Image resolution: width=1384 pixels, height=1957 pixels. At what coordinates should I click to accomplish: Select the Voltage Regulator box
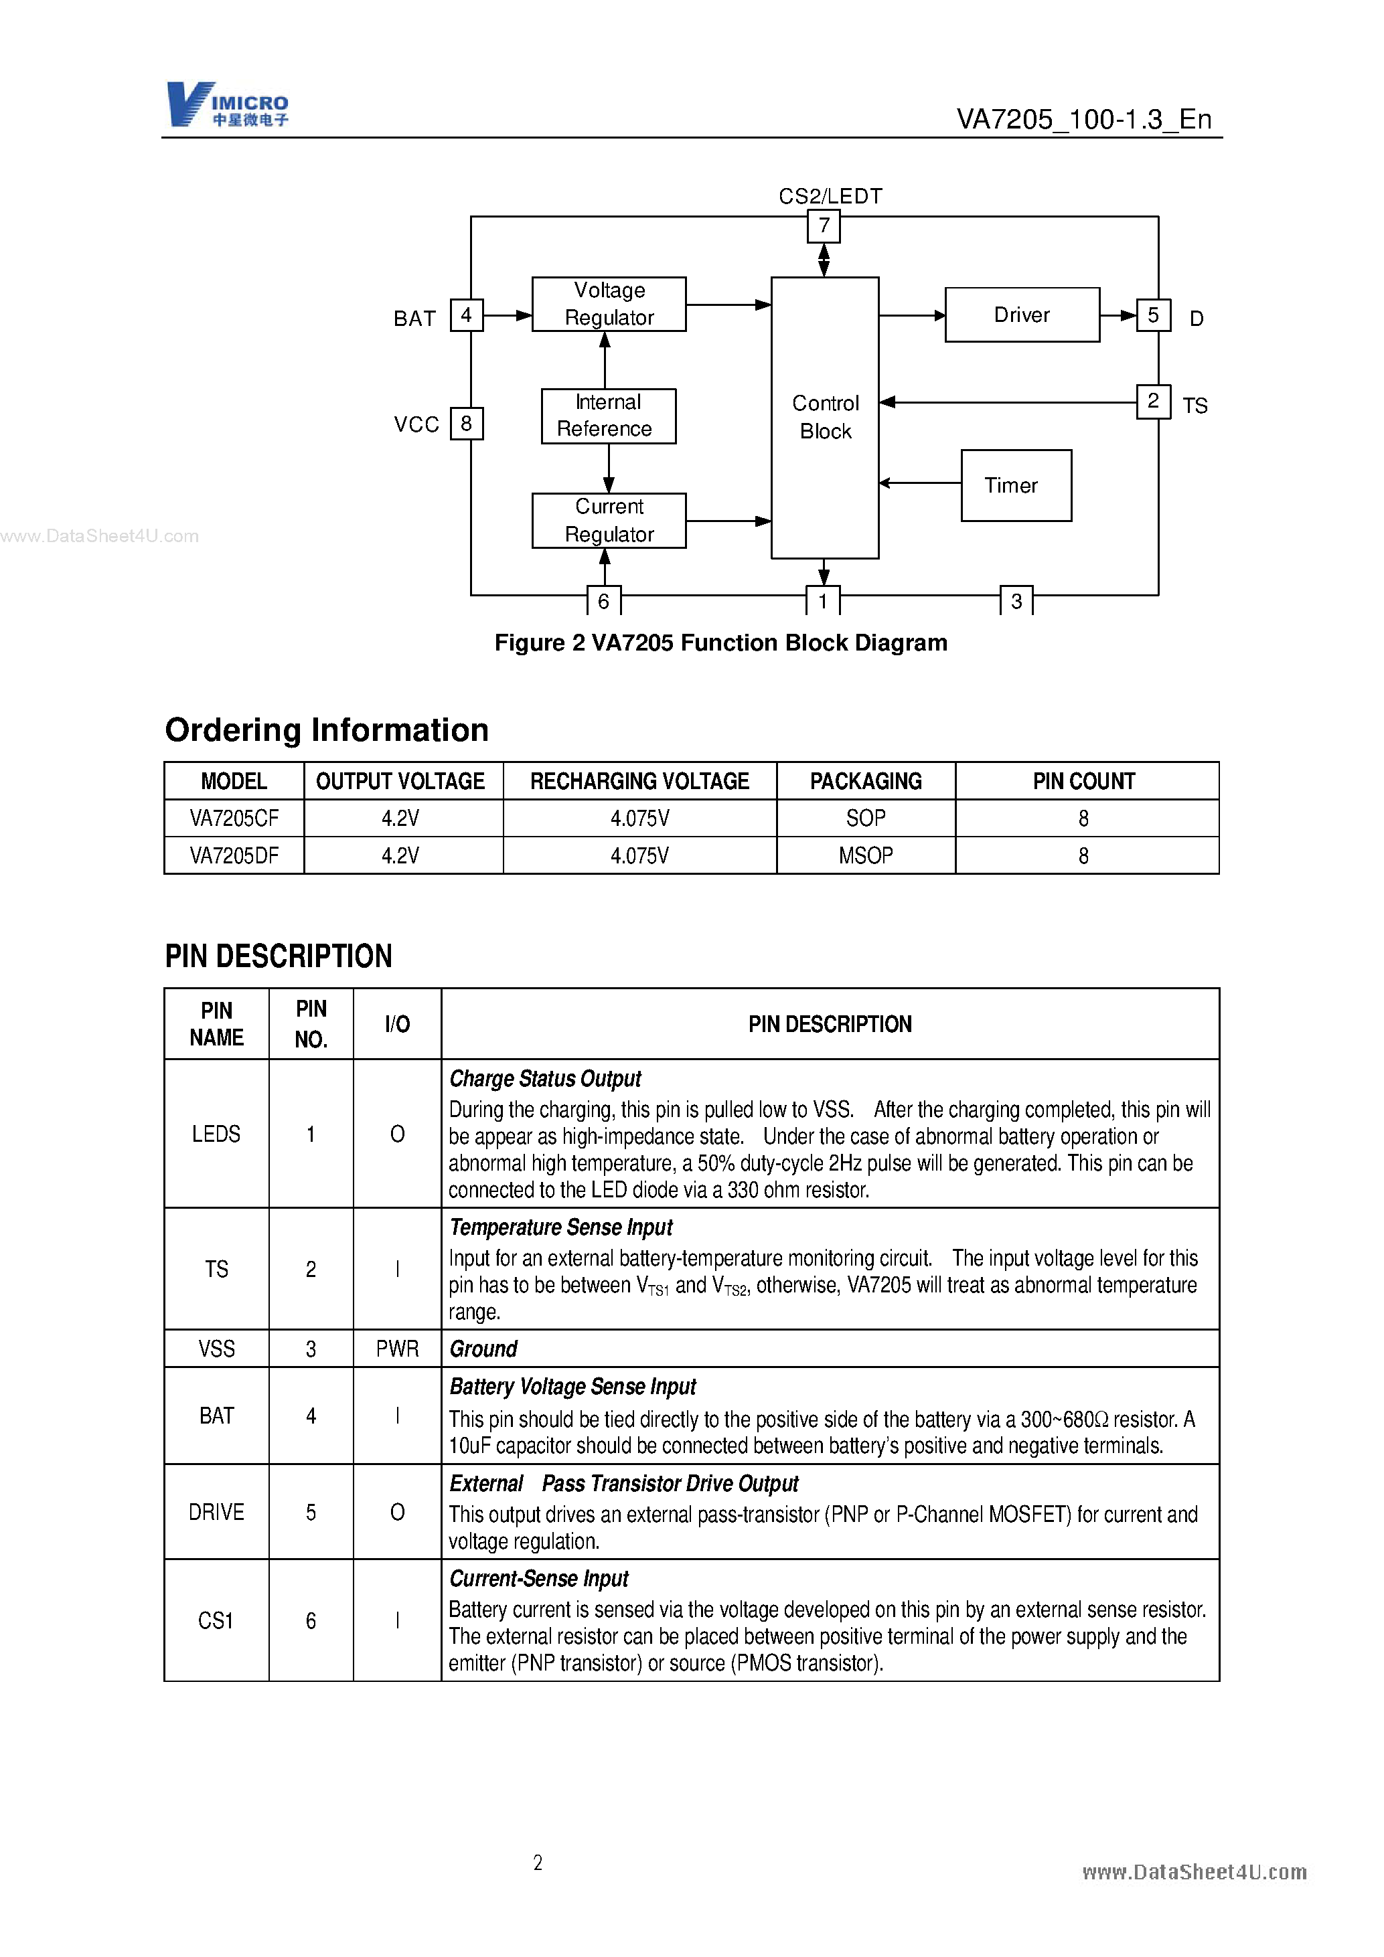click(x=608, y=305)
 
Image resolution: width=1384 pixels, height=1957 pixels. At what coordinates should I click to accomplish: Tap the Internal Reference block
click(x=608, y=416)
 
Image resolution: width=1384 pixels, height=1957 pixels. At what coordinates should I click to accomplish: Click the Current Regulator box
click(x=608, y=521)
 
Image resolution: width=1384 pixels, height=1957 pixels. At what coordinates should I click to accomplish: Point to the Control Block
click(x=825, y=418)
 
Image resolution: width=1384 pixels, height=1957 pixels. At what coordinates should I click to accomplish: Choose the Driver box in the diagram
click(x=1022, y=315)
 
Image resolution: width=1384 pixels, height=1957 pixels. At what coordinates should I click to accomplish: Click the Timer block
click(x=1016, y=486)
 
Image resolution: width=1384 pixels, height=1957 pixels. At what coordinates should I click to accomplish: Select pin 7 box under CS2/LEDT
click(x=824, y=226)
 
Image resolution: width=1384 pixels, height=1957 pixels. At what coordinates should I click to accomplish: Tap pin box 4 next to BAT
click(x=467, y=315)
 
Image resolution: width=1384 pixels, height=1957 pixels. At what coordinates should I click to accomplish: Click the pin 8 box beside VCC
click(x=467, y=424)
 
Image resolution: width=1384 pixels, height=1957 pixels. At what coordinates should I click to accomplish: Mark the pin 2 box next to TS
click(x=1153, y=402)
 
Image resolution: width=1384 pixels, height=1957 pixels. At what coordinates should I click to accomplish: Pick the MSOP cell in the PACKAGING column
click(x=866, y=856)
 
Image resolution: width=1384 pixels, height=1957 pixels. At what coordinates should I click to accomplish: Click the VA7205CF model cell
click(x=234, y=819)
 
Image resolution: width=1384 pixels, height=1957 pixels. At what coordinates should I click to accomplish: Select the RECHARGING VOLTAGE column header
click(x=639, y=782)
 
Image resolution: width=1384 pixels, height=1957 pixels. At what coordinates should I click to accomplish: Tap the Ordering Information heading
click(x=327, y=730)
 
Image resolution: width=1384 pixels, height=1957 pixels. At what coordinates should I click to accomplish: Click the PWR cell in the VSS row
click(x=397, y=1349)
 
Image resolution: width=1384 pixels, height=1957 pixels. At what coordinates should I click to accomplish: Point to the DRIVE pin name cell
click(x=216, y=1512)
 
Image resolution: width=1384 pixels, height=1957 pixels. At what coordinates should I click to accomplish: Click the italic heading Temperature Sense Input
click(x=561, y=1227)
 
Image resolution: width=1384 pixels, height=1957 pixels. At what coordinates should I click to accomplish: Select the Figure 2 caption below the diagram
click(x=720, y=643)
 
